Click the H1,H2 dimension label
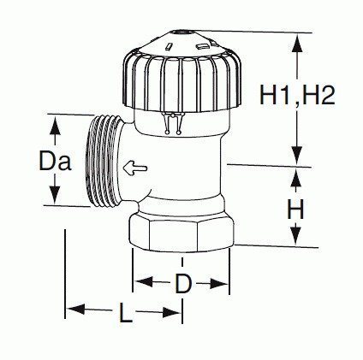(297, 96)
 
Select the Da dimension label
(55, 161)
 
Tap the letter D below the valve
(182, 283)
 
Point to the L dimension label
(125, 313)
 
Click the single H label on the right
(295, 209)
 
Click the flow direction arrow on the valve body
(135, 168)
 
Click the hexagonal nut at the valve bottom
(181, 233)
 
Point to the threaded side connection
(104, 161)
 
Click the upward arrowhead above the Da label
(55, 127)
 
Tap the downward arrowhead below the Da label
(55, 195)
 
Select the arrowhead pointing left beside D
(144, 281)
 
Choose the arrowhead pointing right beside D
(219, 284)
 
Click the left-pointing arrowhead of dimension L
(75, 309)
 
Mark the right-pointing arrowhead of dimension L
(172, 313)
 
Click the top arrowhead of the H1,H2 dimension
(297, 43)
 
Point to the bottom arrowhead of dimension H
(296, 236)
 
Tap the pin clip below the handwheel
(173, 123)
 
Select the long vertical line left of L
(65, 274)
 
